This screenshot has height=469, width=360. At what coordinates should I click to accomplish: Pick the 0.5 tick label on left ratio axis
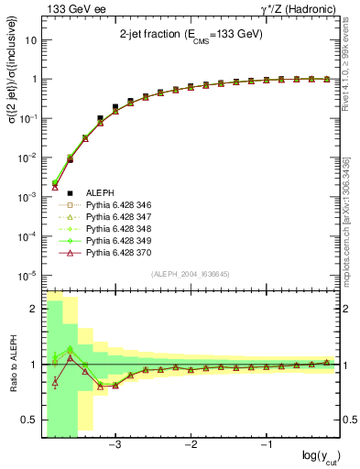[30, 420]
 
